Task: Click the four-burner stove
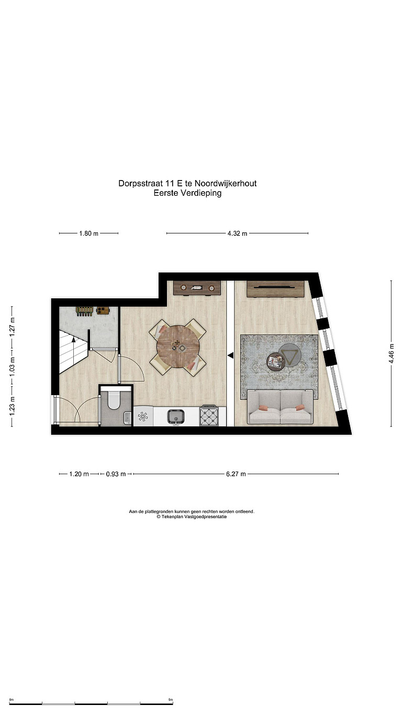point(209,416)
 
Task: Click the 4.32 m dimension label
point(237,233)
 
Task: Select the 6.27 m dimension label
point(236,474)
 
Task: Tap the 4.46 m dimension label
point(391,353)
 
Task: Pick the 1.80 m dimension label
point(89,233)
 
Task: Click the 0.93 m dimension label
point(116,474)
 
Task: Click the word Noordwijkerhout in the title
point(225,184)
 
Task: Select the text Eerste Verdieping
point(187,193)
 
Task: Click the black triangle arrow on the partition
point(230,355)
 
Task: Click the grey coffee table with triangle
point(289,354)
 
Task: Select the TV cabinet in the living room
point(275,289)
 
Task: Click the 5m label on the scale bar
point(171,699)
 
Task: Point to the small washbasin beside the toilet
point(127,418)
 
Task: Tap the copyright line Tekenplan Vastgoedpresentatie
point(192,517)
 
